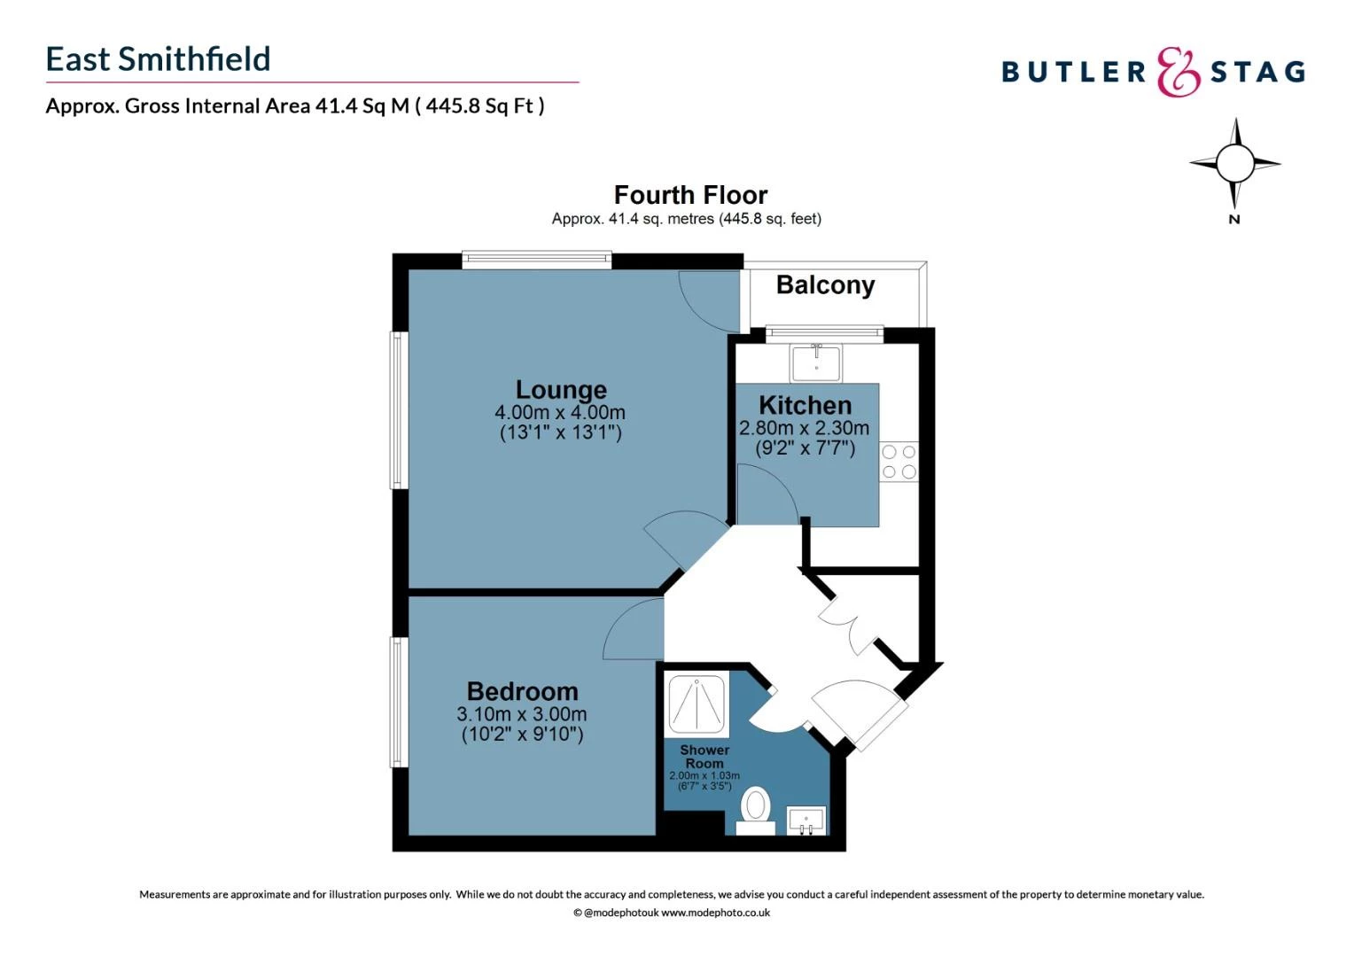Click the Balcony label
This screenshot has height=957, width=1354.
[x=825, y=285]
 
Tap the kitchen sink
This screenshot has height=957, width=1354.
[x=816, y=362]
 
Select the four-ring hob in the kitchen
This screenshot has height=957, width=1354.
[x=899, y=462]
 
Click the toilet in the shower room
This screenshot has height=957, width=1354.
[x=756, y=811]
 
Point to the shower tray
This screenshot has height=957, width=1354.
[x=697, y=705]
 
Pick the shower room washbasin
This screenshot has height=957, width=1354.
[x=806, y=821]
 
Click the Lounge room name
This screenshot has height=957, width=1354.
[x=561, y=390]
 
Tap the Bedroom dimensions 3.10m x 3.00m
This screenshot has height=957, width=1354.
[x=522, y=714]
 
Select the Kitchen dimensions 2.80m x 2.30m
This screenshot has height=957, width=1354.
[x=805, y=428]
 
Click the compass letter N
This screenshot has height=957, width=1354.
[x=1234, y=220]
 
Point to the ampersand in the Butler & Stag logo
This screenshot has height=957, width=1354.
[x=1179, y=72]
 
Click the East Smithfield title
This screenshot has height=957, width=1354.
[x=159, y=59]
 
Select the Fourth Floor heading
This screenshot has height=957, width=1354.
[x=690, y=195]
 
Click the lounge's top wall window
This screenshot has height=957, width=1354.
[x=537, y=260]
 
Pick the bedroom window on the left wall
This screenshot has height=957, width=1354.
[x=399, y=702]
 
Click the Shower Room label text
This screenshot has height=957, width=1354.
[x=704, y=756]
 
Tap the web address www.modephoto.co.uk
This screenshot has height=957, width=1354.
[x=715, y=913]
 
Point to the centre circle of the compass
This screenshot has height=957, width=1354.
[x=1235, y=163]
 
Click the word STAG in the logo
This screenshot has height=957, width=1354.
[x=1257, y=72]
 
